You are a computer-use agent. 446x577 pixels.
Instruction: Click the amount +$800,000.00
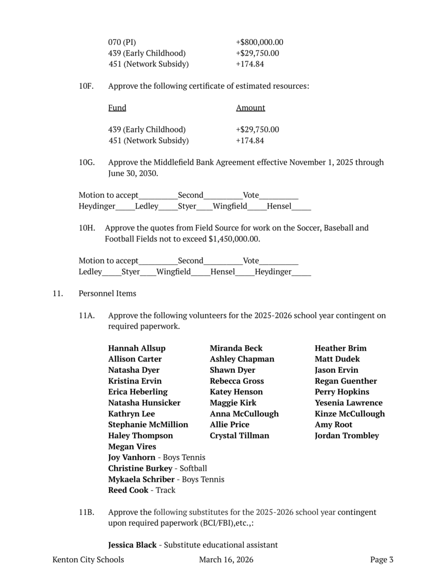[x=260, y=42]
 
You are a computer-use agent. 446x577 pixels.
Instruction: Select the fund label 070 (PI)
[x=122, y=42]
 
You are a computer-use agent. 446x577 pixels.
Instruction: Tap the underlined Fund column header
[x=117, y=108]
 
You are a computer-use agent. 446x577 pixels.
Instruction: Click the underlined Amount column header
[x=251, y=108]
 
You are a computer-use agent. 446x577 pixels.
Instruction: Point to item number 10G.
[x=86, y=162]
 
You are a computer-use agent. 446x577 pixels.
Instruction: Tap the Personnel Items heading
[x=107, y=293]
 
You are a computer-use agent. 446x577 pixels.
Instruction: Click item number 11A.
[x=86, y=316]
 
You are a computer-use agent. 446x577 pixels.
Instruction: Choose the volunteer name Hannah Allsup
[x=137, y=348]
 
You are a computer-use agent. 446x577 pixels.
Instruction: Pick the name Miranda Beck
[x=236, y=348]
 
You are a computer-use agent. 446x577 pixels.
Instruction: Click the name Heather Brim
[x=340, y=348]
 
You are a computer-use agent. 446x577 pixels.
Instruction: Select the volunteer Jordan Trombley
[x=347, y=435]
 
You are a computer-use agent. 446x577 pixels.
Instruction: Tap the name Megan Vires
[x=132, y=446]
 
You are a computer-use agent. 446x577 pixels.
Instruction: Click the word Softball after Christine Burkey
[x=193, y=469]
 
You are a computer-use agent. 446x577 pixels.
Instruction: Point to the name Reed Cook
[x=128, y=490]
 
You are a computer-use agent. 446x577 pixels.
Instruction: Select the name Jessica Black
[x=132, y=545]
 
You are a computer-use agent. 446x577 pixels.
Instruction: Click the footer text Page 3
[x=382, y=560]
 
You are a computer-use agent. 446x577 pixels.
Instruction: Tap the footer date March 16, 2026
[x=226, y=560]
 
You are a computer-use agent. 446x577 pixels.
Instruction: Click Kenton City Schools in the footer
[x=88, y=560]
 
